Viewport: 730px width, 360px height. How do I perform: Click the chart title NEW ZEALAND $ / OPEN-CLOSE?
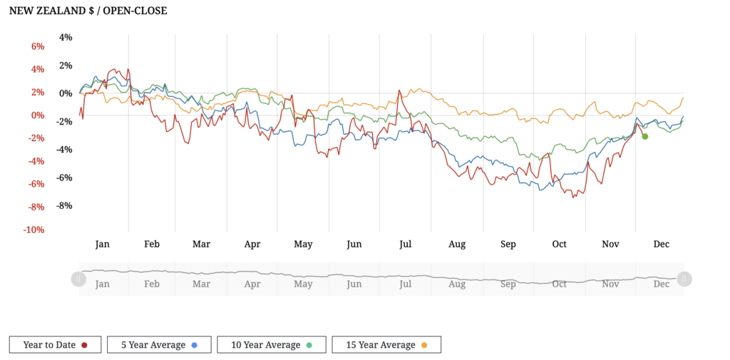coord(88,11)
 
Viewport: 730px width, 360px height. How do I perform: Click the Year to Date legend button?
coord(55,345)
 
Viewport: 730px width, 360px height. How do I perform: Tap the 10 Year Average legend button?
coord(271,345)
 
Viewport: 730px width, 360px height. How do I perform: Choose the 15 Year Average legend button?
coord(386,345)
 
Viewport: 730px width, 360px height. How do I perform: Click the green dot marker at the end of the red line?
coord(644,136)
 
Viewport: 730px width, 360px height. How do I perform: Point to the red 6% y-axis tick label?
coord(36,46)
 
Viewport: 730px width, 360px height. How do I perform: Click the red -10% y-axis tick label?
coord(33,230)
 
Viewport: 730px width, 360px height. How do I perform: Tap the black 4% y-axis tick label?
coord(66,37)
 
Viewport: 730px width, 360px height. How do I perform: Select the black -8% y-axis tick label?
coord(63,206)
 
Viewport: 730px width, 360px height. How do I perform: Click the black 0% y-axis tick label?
coord(66,93)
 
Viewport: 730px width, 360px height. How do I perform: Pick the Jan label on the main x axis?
coord(103,245)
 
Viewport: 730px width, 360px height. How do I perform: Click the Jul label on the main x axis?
coord(406,245)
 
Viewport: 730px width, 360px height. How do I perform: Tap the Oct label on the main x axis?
coord(560,245)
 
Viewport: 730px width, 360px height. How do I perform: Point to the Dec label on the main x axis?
coord(662,245)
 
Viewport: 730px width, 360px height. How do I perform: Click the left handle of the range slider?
coord(78,279)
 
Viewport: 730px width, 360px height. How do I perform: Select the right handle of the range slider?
coord(684,279)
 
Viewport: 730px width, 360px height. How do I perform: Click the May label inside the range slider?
coord(303,284)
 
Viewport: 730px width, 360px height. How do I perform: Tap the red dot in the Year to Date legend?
coord(84,345)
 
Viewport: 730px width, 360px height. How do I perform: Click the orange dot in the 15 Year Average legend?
coord(424,345)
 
